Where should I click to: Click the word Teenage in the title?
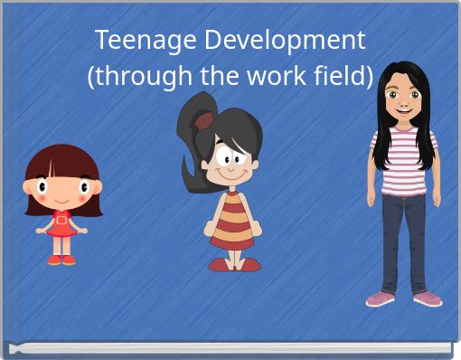136,41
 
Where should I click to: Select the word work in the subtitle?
280,77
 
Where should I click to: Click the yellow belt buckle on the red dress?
61,218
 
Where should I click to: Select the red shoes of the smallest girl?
61,260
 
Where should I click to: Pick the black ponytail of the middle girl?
193,145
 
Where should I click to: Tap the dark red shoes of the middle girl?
234,265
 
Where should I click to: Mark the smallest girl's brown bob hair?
61,161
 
